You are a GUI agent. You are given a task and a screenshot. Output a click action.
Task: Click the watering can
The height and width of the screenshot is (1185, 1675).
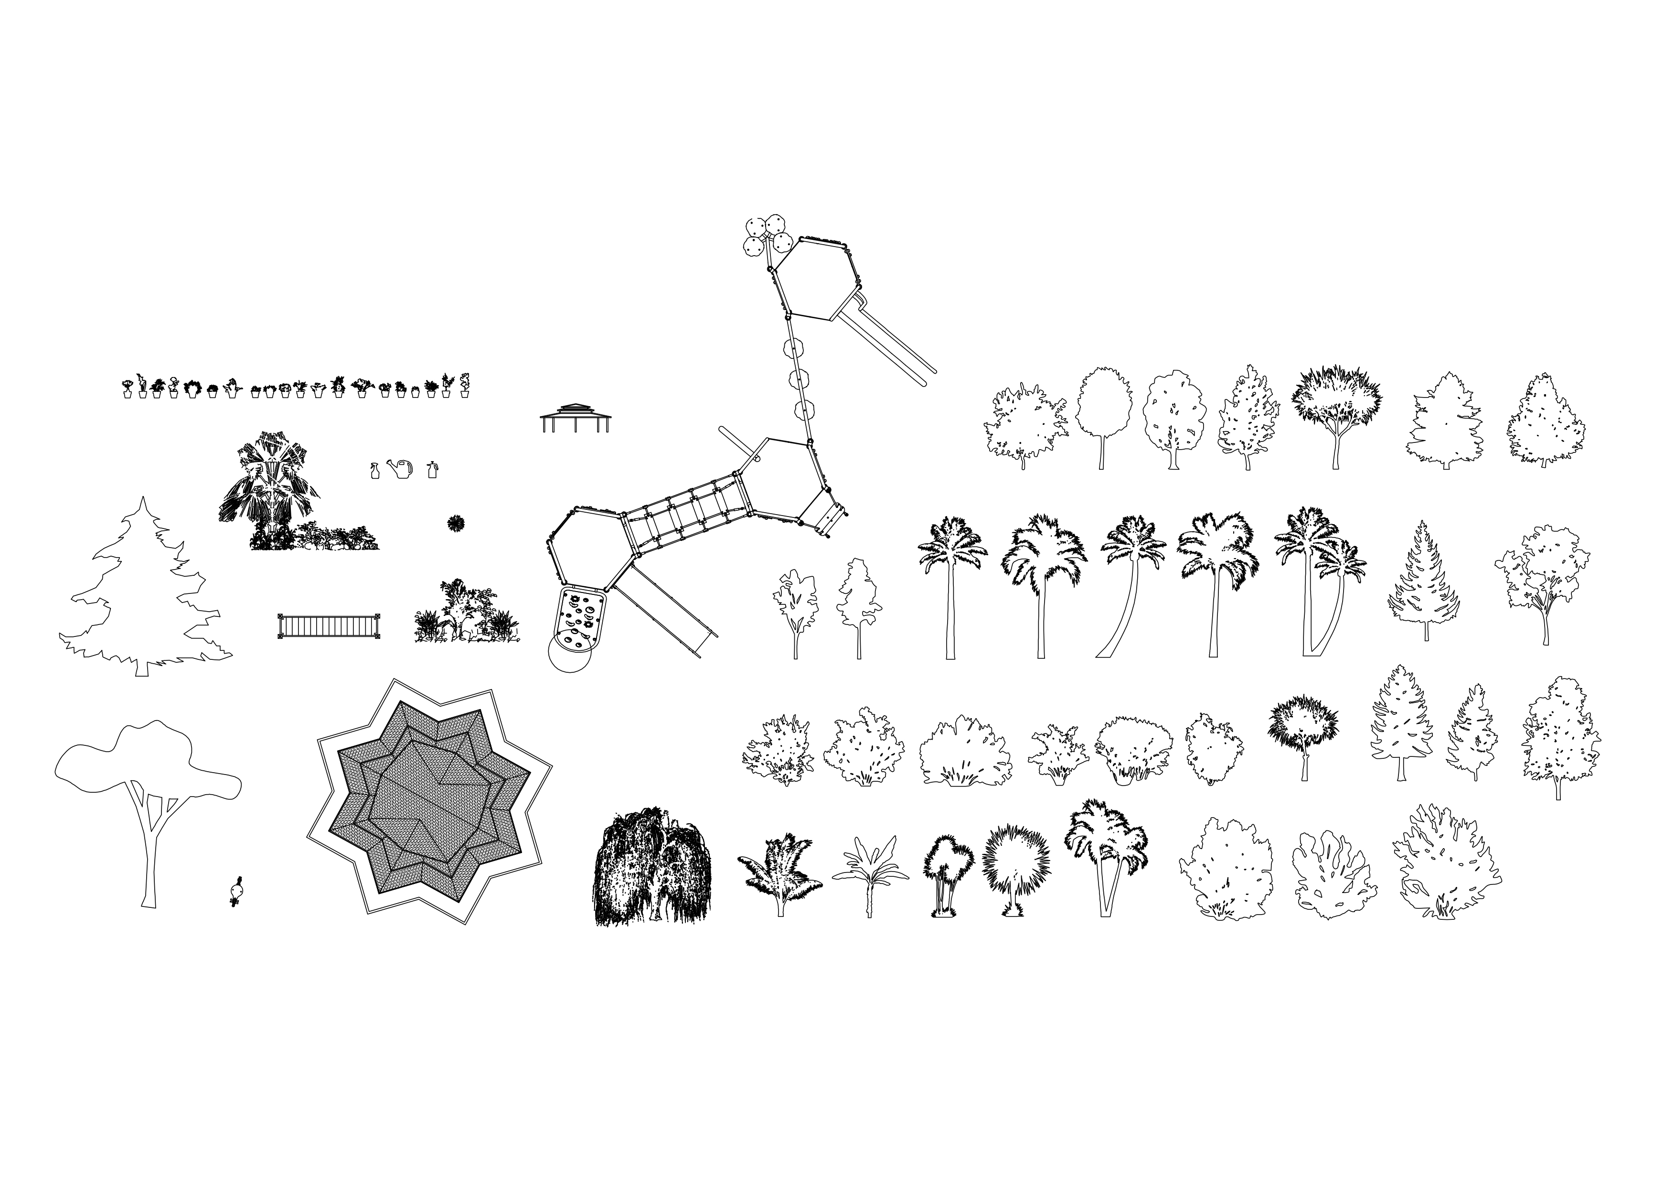click(401, 469)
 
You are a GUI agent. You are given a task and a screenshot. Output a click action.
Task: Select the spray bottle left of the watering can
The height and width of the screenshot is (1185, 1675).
click(375, 471)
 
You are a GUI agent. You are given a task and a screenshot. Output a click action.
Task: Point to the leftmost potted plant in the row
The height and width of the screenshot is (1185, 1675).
click(128, 388)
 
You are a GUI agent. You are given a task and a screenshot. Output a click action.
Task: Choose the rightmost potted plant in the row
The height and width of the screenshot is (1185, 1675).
click(464, 385)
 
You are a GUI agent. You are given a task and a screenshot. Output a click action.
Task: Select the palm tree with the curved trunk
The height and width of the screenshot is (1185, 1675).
click(1127, 584)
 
